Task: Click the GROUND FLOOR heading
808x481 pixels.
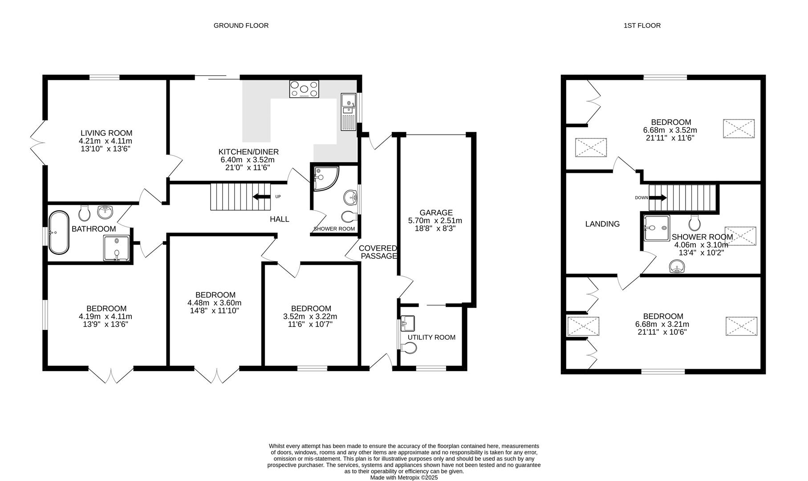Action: click(241, 25)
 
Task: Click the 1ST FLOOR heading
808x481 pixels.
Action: click(642, 25)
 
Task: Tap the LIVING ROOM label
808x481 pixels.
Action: click(106, 133)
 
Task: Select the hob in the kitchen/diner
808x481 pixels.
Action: click(304, 89)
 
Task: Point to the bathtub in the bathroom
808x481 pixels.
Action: click(59, 232)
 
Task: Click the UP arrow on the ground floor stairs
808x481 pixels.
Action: click(262, 196)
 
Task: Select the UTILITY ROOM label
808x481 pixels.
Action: click(431, 337)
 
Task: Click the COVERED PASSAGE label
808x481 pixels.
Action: click(378, 252)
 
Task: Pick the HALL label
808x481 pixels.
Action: click(280, 219)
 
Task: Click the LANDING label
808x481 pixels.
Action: click(602, 224)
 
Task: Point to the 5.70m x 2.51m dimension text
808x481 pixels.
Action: click(435, 220)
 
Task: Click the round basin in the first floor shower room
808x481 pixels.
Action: click(677, 266)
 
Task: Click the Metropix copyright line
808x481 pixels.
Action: click(404, 477)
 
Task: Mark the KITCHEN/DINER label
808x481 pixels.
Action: click(248, 152)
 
